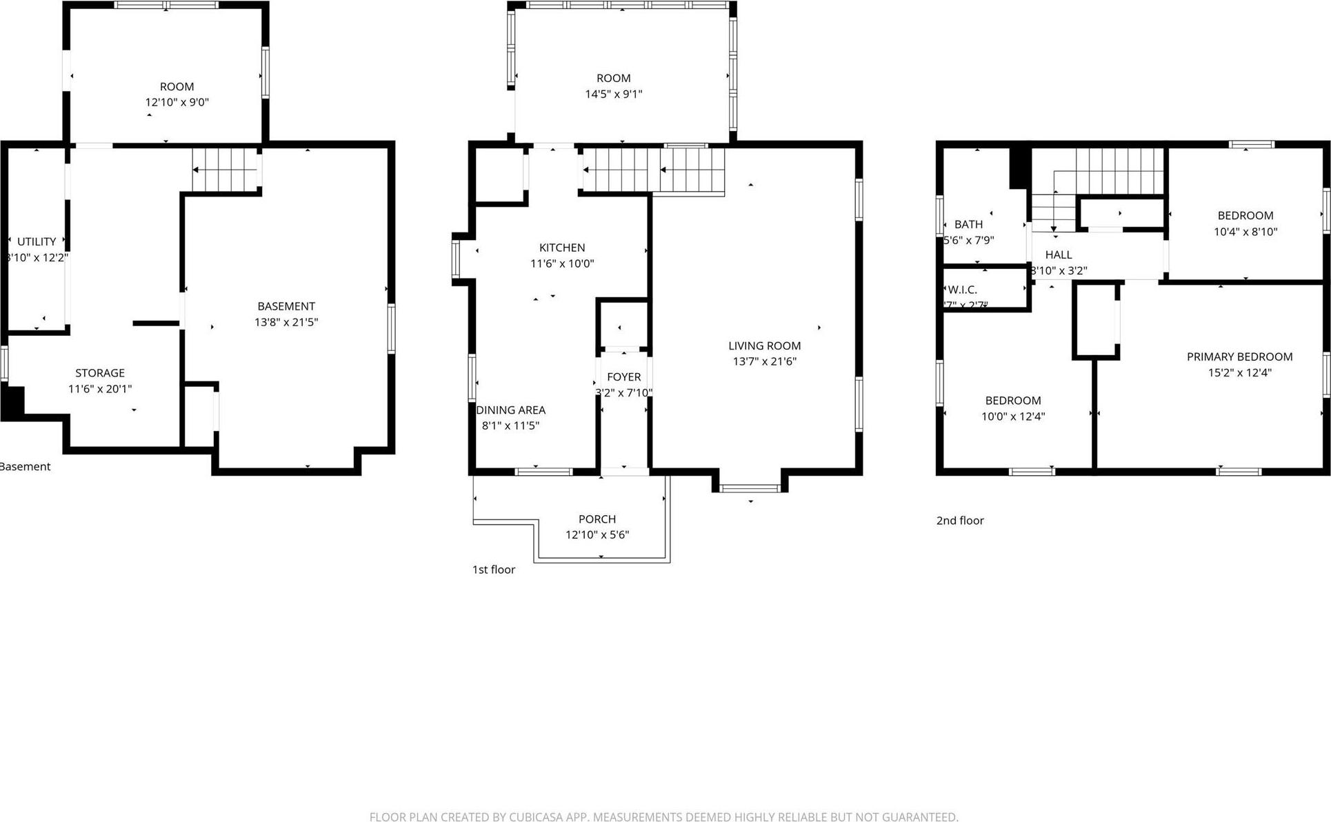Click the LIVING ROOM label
click(x=764, y=345)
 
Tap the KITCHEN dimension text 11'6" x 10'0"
click(x=561, y=263)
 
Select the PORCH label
click(x=597, y=519)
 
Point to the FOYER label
click(x=623, y=377)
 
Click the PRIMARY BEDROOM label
click(x=1239, y=357)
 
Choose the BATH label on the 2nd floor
click(x=968, y=224)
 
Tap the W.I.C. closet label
click(x=962, y=290)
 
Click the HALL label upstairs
click(x=1058, y=255)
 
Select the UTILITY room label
click(x=37, y=241)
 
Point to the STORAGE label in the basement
click(x=100, y=373)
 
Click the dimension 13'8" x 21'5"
click(x=286, y=322)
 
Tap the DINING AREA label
click(x=511, y=410)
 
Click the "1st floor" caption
click(x=493, y=570)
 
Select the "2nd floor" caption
click(x=959, y=521)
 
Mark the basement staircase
click(x=225, y=170)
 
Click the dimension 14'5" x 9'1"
click(x=613, y=94)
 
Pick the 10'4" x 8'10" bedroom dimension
click(x=1245, y=232)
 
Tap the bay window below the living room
click(x=750, y=488)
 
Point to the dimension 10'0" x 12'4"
click(x=1012, y=417)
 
